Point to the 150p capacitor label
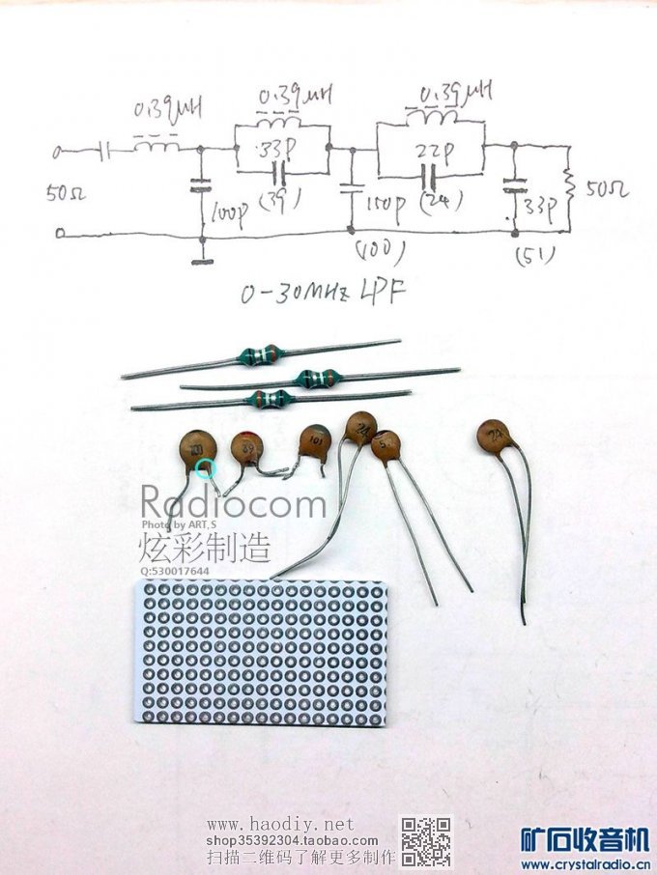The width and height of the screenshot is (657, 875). (382, 209)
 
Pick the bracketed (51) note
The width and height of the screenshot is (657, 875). (530, 256)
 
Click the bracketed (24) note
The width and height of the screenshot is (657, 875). (442, 201)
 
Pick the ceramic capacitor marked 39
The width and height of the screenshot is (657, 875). (248, 448)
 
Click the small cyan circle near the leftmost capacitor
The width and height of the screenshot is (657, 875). (204, 468)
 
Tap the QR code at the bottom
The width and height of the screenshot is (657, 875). (426, 841)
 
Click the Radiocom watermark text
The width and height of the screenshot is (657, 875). (234, 504)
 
